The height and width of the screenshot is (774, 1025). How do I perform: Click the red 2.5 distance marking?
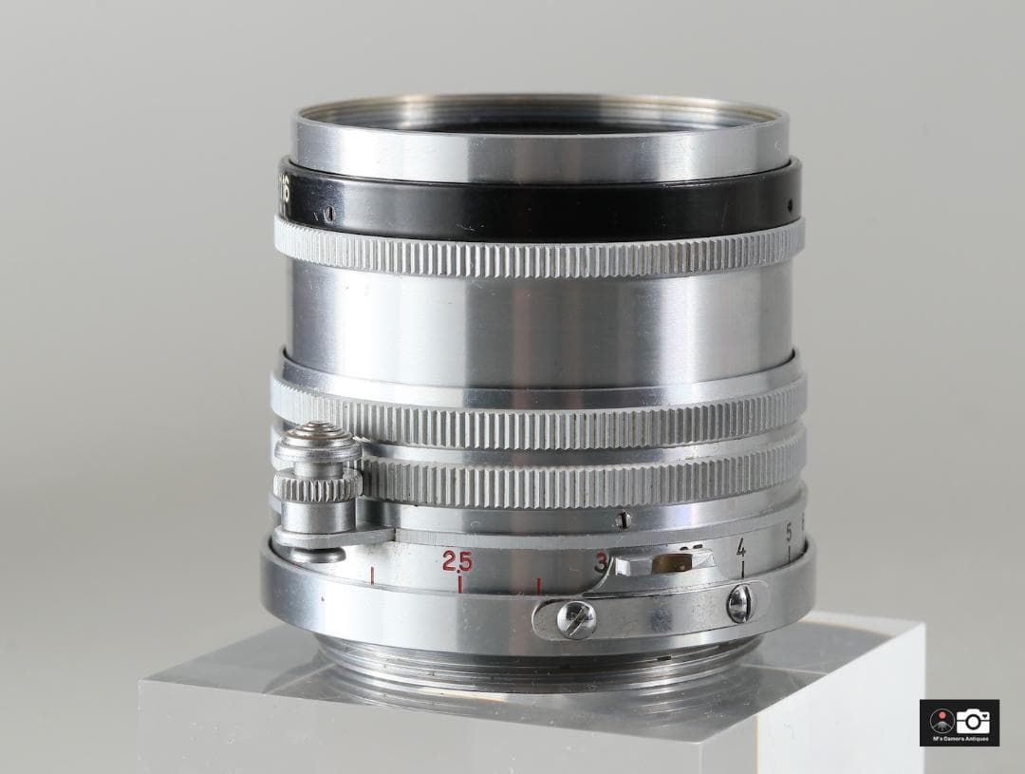457,560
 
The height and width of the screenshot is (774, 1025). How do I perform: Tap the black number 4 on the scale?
740,548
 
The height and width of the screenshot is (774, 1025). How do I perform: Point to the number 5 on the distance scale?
789,535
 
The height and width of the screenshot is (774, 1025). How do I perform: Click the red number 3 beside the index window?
601,561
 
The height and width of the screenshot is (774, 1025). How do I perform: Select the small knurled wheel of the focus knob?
316,486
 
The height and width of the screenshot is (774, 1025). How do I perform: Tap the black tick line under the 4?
742,570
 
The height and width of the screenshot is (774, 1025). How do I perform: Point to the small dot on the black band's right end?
789,202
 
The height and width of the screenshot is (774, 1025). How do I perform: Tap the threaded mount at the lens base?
531,665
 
